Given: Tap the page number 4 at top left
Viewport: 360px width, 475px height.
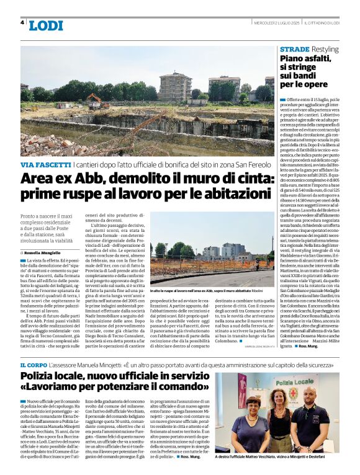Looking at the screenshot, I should pos(22,22).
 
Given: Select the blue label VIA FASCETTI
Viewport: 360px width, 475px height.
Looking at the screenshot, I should pos(45,165).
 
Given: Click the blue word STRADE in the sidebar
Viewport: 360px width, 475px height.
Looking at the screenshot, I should pos(294,48).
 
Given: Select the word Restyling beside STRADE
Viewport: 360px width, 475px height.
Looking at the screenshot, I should pos(326,48).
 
